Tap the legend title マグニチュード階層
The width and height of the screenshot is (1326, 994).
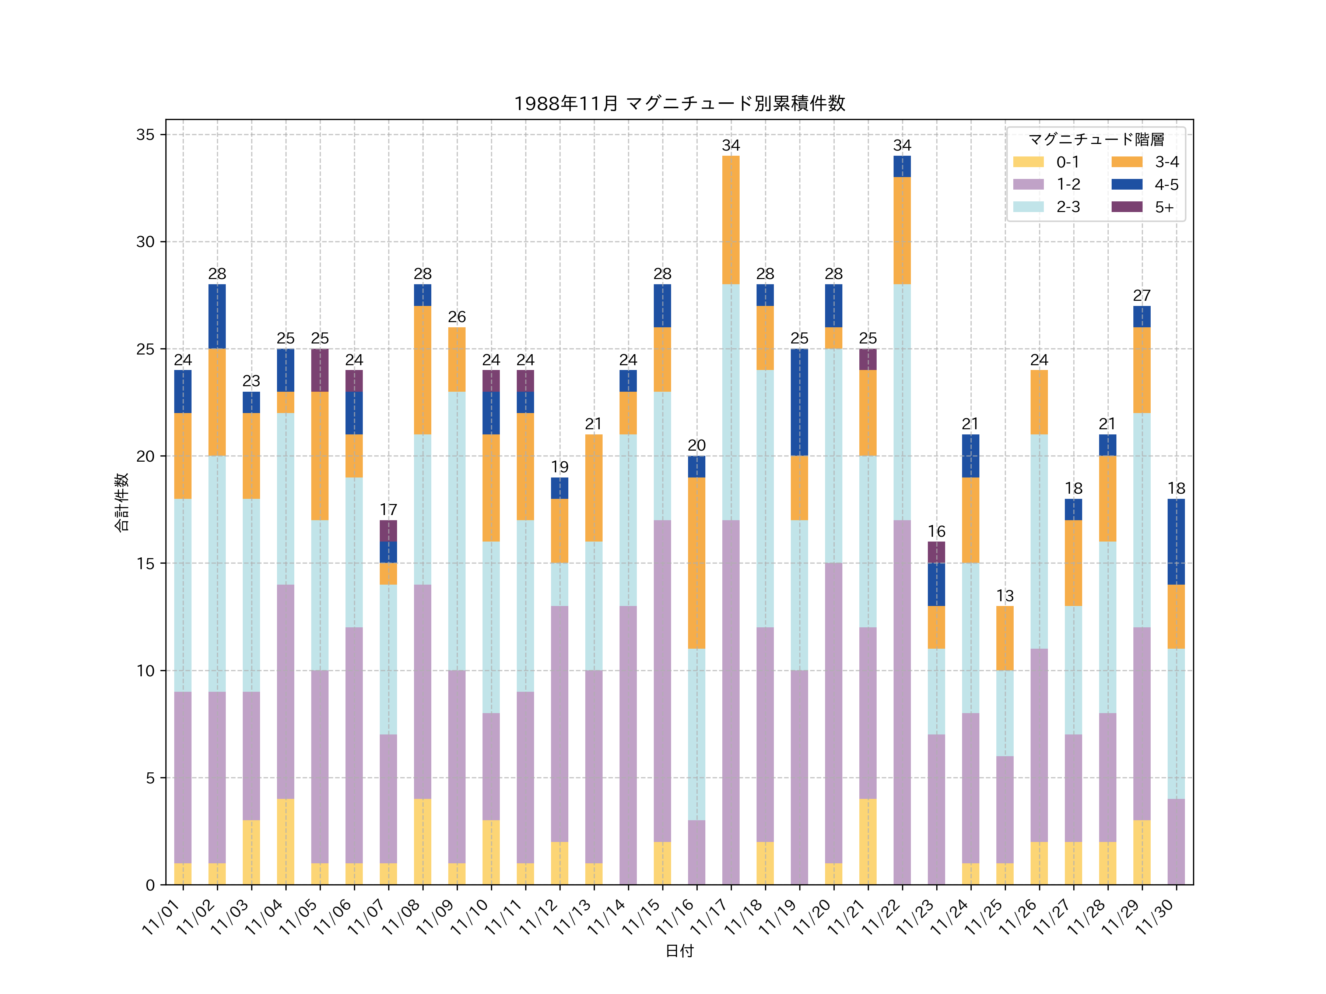pyautogui.click(x=1096, y=140)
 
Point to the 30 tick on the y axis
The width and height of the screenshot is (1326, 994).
pyautogui.click(x=145, y=242)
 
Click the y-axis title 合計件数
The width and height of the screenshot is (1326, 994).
pyautogui.click(x=122, y=502)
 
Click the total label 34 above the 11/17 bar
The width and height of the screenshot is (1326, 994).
pyautogui.click(x=731, y=145)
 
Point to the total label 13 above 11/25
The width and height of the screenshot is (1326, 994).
pyautogui.click(x=1005, y=596)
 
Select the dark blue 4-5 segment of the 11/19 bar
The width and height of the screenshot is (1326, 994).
pyautogui.click(x=799, y=402)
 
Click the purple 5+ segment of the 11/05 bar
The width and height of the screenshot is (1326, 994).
pyautogui.click(x=319, y=370)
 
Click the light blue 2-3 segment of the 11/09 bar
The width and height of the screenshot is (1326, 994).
pyautogui.click(x=457, y=531)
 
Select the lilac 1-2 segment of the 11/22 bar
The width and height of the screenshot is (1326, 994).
pyautogui.click(x=902, y=702)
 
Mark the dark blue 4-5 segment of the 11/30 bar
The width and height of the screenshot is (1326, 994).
pyautogui.click(x=1176, y=542)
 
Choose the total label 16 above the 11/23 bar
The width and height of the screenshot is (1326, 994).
pyautogui.click(x=936, y=532)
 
